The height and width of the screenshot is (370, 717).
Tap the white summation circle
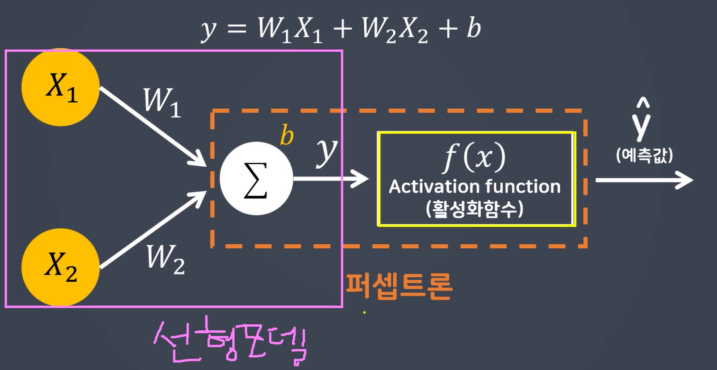(257, 180)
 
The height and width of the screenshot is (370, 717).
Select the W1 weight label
(162, 103)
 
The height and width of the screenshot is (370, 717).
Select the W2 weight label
(165, 258)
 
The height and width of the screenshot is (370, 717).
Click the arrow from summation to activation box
(331, 179)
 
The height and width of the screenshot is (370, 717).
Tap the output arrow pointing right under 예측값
(644, 180)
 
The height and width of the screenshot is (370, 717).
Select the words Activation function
(475, 186)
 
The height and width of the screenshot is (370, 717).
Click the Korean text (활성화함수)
(475, 209)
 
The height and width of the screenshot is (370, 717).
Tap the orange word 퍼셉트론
(399, 286)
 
